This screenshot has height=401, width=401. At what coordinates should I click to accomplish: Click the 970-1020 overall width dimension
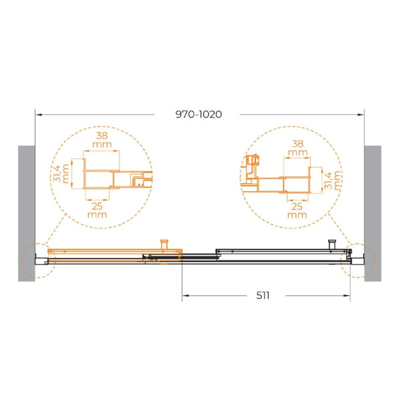tap(198, 114)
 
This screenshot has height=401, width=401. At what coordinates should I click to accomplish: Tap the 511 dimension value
tap(263, 295)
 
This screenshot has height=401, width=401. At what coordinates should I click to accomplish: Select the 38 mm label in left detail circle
tap(102, 140)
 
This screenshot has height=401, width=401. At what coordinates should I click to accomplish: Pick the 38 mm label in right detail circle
tap(297, 148)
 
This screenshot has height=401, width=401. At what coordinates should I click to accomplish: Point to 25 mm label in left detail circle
tap(97, 210)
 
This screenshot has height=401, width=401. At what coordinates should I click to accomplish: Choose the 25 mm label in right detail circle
tap(297, 211)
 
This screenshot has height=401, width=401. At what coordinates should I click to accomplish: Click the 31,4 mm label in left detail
tap(61, 174)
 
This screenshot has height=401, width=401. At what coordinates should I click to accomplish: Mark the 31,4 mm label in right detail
tap(333, 180)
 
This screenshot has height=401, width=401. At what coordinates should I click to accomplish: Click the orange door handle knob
tap(164, 244)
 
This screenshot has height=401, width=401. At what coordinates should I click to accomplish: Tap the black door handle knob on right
tap(332, 244)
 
